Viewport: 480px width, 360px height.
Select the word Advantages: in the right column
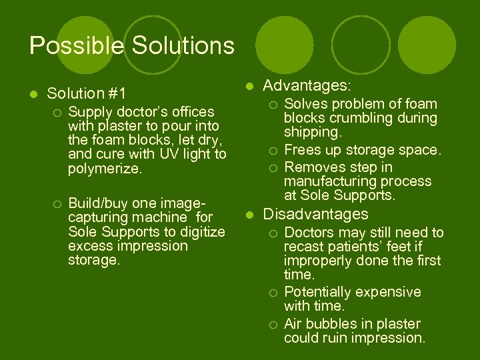click(307, 86)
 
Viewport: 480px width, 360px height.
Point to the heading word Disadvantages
click(316, 214)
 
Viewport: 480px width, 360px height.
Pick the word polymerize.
click(105, 169)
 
